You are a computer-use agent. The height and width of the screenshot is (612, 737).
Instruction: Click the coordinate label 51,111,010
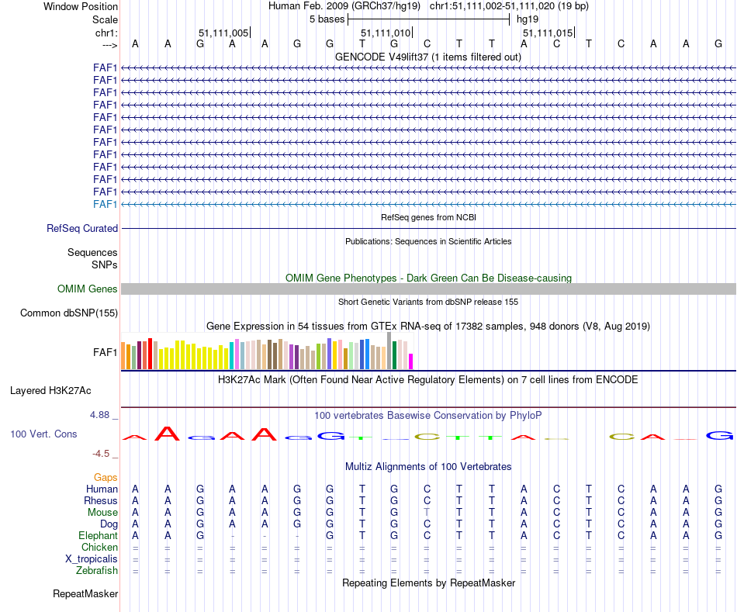click(x=386, y=33)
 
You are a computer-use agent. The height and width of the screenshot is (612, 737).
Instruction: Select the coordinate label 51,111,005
click(x=223, y=33)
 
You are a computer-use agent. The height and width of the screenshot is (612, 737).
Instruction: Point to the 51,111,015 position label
click(x=548, y=33)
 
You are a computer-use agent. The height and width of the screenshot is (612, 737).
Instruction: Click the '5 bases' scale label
click(x=327, y=19)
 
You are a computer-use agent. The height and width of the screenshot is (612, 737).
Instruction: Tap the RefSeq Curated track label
click(x=82, y=229)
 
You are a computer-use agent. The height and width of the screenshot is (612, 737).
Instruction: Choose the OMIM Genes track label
click(x=88, y=289)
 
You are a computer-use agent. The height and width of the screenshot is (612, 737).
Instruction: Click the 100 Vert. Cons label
click(x=43, y=434)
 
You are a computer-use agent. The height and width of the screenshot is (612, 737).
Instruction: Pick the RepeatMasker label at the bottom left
click(x=85, y=594)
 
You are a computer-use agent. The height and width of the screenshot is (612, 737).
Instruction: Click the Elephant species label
click(x=98, y=536)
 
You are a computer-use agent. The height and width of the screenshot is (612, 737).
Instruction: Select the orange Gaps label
click(x=106, y=478)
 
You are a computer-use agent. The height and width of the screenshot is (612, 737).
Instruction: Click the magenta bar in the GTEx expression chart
click(x=411, y=361)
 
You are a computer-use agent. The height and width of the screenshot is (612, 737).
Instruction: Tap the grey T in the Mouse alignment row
click(x=427, y=512)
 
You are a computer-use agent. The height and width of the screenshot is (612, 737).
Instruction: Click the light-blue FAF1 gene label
click(x=106, y=204)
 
